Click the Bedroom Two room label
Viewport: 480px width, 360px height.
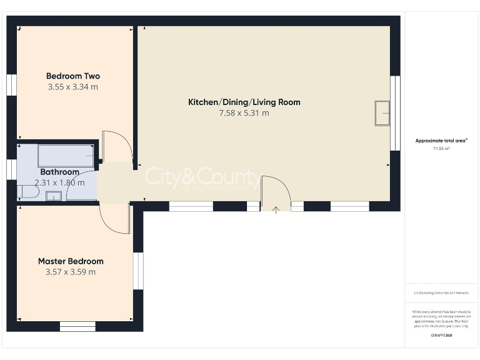72,76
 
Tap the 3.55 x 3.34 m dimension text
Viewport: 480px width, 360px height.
72,87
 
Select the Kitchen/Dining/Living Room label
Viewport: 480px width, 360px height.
244,102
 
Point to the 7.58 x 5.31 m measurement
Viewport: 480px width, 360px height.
244,113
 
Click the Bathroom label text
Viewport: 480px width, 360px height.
59,172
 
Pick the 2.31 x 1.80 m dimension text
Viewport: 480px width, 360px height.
59,183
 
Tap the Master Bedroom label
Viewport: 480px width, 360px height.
71,261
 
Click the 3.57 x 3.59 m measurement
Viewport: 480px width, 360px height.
71,272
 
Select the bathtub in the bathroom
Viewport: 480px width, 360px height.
66,155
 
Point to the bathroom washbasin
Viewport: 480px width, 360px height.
54,196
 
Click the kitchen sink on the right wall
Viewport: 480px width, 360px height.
382,112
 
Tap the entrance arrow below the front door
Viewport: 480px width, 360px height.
276,209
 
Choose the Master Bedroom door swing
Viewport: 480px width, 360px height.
114,219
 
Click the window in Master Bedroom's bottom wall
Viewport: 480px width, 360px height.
77,326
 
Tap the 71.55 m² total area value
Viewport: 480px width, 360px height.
442,149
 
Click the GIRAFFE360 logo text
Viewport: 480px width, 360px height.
442,336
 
